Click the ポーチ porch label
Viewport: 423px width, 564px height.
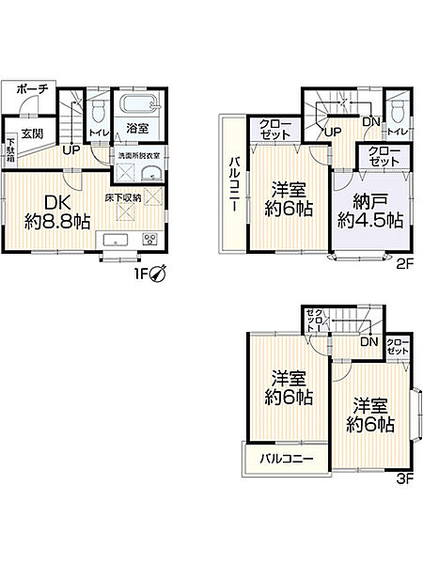[33, 89]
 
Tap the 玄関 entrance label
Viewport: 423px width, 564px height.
[32, 133]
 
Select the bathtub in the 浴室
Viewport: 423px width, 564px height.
[138, 104]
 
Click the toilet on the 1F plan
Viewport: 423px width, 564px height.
[98, 110]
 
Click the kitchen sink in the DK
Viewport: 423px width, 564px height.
[115, 239]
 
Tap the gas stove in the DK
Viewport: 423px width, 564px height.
[150, 239]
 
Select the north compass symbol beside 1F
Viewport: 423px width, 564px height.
[158, 274]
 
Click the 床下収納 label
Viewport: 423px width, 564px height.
[123, 197]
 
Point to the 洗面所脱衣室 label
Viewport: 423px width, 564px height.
[139, 156]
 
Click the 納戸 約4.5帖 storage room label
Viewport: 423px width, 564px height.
[370, 211]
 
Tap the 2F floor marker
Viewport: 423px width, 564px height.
[405, 265]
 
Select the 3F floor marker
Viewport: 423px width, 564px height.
[405, 478]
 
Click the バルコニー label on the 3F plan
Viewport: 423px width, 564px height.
[287, 459]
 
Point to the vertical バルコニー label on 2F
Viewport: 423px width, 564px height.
[234, 184]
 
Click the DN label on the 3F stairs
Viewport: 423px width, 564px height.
[369, 342]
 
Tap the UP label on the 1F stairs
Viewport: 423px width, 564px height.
[71, 150]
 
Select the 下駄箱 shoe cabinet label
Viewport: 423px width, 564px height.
[10, 149]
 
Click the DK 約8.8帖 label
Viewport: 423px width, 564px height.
[57, 212]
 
